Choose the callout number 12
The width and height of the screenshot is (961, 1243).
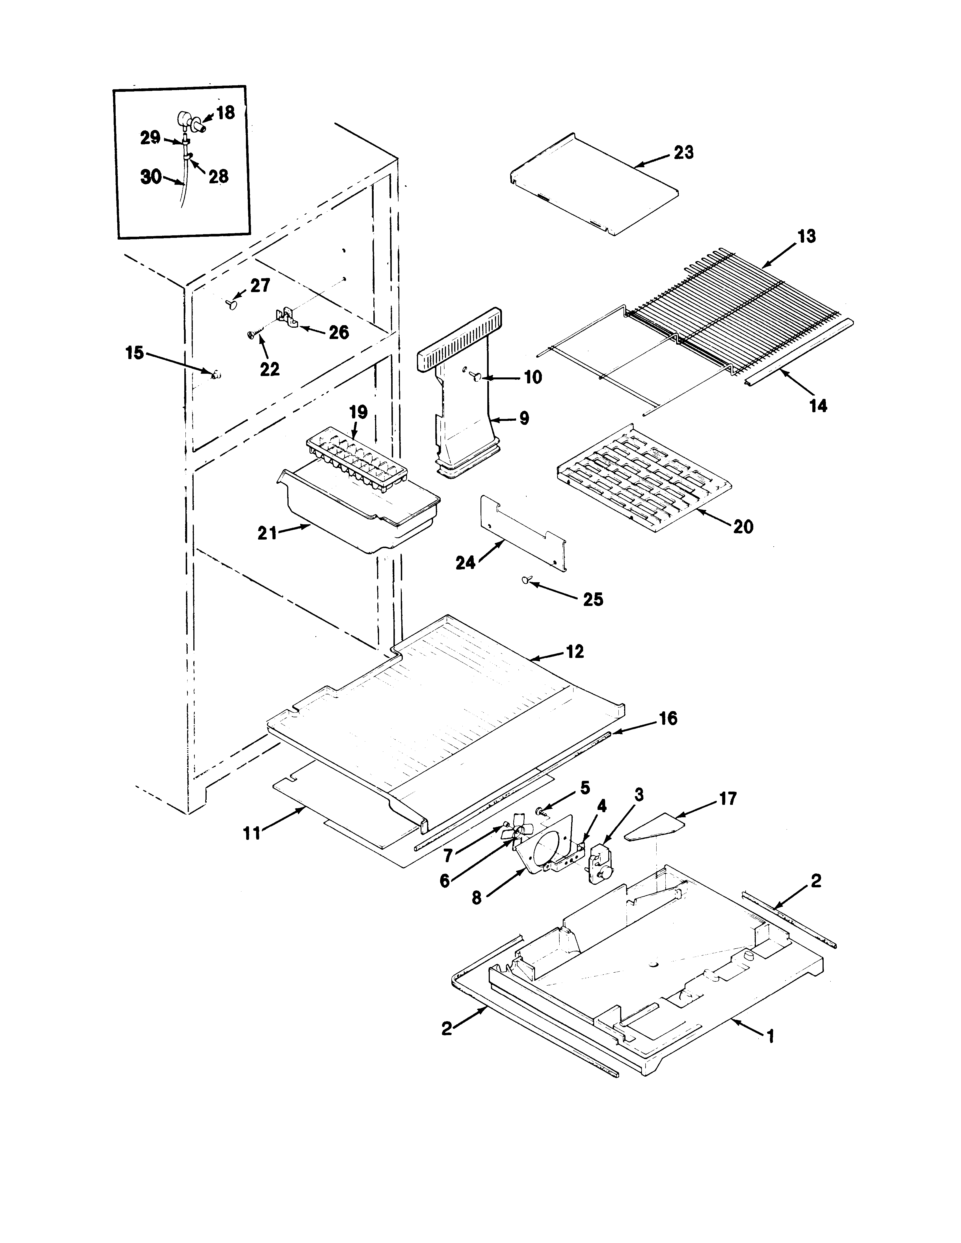tap(575, 652)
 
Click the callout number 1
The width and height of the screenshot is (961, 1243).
tap(770, 1037)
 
